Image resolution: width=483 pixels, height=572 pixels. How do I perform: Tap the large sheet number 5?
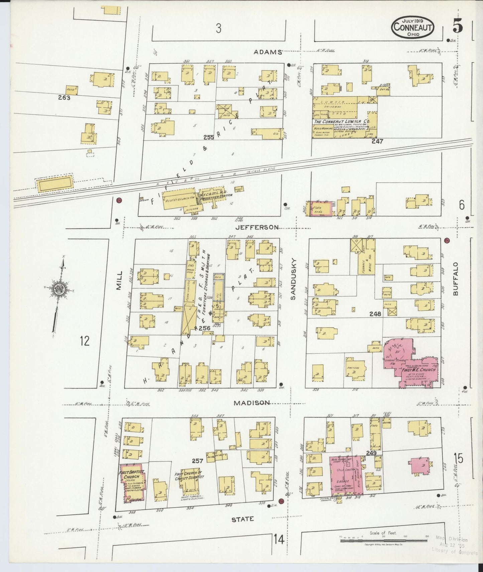tap(458, 26)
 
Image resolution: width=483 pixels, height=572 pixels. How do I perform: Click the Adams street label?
tap(267, 52)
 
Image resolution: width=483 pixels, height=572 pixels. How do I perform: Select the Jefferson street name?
tap(257, 227)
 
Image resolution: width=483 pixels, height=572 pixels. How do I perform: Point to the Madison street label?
tap(252, 403)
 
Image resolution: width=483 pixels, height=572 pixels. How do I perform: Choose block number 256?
tap(204, 328)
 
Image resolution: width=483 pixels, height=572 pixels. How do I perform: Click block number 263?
tap(64, 98)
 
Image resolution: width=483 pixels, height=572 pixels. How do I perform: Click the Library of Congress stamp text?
tap(455, 553)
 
